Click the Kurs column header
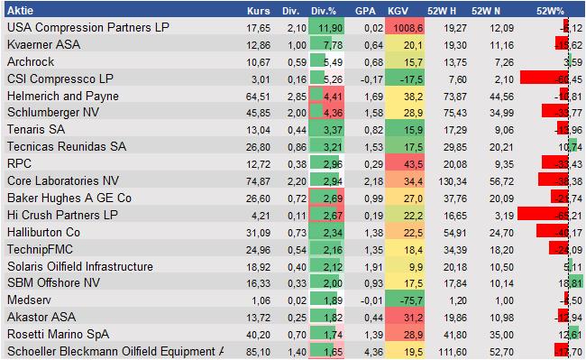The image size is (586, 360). [x=258, y=11]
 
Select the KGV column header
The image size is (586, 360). [x=398, y=11]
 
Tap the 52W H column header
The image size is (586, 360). [x=444, y=11]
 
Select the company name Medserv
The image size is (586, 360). [x=27, y=300]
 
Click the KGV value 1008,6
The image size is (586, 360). [x=403, y=27]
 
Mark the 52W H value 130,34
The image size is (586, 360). [x=450, y=181]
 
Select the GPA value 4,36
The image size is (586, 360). [x=365, y=352]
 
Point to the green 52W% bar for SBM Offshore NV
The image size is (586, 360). [x=576, y=284]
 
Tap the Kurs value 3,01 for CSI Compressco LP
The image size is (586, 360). [x=260, y=78]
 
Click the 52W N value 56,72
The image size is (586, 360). [x=502, y=181]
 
